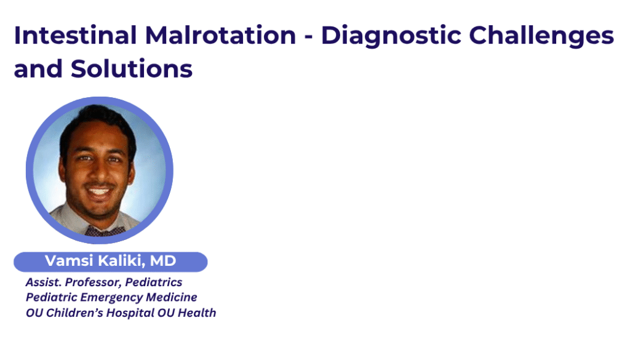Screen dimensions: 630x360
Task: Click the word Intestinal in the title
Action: (x=76, y=35)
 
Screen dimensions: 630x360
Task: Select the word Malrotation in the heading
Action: (x=221, y=35)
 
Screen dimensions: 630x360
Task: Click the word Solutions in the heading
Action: (x=132, y=69)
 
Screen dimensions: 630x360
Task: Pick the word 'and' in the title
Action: (x=38, y=69)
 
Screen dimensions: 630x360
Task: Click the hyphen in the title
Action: (x=309, y=38)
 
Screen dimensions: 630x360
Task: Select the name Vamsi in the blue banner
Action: (x=69, y=261)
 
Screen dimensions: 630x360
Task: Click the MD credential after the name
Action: (x=163, y=261)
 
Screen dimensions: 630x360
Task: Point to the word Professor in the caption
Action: (x=94, y=282)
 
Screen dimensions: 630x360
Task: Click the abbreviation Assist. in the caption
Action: (x=44, y=282)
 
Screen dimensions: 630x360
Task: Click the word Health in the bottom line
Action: (x=197, y=313)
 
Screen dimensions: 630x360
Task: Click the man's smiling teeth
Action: (x=99, y=191)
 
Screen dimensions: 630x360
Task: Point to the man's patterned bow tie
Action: (x=105, y=231)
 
